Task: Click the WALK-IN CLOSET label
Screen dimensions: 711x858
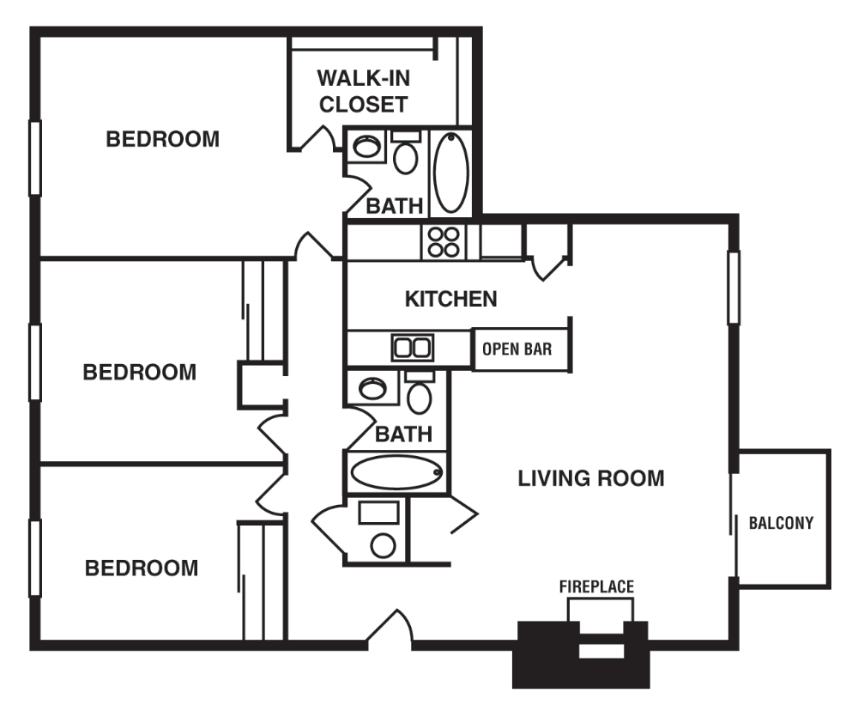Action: point(363,91)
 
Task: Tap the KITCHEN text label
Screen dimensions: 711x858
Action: point(450,299)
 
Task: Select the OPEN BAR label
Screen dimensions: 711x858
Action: point(517,350)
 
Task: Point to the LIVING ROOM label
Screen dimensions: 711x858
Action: point(590,478)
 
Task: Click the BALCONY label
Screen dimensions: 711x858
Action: point(781,523)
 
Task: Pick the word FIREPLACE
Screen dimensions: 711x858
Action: point(596,587)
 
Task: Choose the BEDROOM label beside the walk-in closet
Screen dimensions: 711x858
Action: point(162,139)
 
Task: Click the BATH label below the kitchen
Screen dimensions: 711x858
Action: point(403,434)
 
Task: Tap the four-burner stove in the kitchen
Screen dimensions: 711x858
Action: point(443,241)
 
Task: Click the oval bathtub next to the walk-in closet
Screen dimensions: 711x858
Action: point(450,173)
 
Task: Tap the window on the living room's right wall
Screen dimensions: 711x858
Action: point(734,287)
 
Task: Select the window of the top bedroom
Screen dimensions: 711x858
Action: point(35,158)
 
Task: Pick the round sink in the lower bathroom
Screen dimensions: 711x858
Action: point(372,388)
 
